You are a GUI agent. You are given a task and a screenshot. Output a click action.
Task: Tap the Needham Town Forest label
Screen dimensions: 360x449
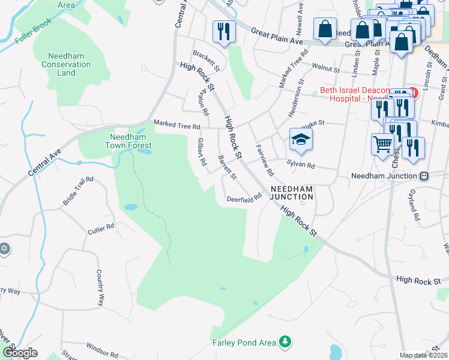coord(128,141)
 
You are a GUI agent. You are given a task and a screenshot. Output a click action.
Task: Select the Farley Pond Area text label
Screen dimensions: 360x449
coord(244,343)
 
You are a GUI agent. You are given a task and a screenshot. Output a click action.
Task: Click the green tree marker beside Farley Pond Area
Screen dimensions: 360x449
coord(286,342)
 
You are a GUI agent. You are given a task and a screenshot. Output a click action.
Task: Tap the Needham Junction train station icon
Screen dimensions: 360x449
coord(424,176)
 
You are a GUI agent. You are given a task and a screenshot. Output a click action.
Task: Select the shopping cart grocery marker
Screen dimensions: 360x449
coord(382,143)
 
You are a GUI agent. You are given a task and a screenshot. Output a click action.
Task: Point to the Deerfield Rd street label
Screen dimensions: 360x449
coord(244,197)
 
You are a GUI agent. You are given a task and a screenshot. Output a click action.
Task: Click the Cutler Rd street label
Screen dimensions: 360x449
coord(101,229)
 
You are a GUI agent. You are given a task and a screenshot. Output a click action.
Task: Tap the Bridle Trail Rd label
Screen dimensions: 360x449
coord(78,191)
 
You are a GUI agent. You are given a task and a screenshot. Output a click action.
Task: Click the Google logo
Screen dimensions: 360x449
coord(20,353)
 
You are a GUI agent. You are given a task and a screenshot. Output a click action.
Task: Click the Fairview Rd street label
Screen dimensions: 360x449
coord(265,159)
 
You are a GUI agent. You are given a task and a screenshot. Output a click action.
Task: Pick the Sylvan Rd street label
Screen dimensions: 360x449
coord(301,164)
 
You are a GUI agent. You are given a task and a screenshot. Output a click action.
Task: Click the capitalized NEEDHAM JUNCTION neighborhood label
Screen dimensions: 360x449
coord(292,192)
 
